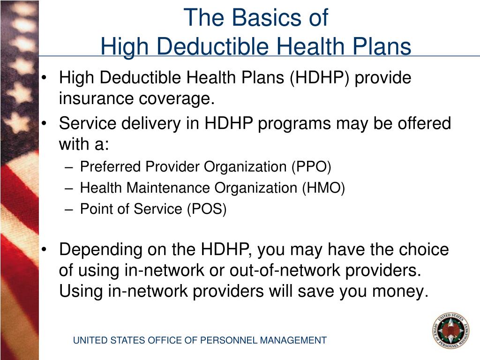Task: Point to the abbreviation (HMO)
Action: click(x=323, y=188)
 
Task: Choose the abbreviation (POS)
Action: click(x=206, y=209)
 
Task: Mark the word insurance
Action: click(x=96, y=99)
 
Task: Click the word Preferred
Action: click(x=111, y=166)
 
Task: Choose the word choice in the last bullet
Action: click(x=424, y=249)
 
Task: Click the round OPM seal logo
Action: click(x=450, y=330)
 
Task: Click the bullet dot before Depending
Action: click(x=44, y=250)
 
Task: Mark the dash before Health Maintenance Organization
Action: click(x=68, y=188)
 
